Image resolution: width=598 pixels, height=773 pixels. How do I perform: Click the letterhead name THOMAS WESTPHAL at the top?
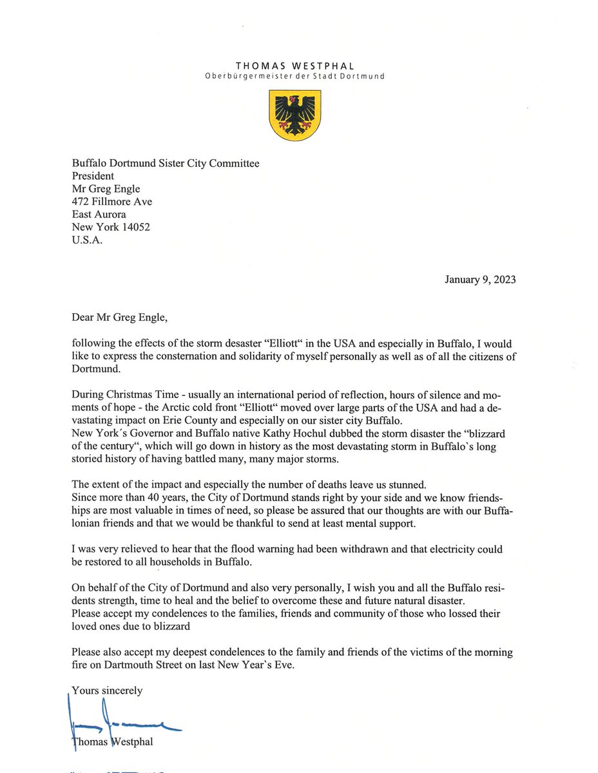(x=294, y=65)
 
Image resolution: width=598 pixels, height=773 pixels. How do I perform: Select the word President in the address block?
(x=93, y=176)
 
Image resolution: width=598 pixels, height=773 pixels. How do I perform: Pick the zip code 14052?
(x=135, y=227)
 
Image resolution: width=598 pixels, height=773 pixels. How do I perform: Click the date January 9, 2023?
(x=480, y=280)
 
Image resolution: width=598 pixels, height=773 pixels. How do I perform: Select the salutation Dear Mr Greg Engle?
(x=122, y=317)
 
